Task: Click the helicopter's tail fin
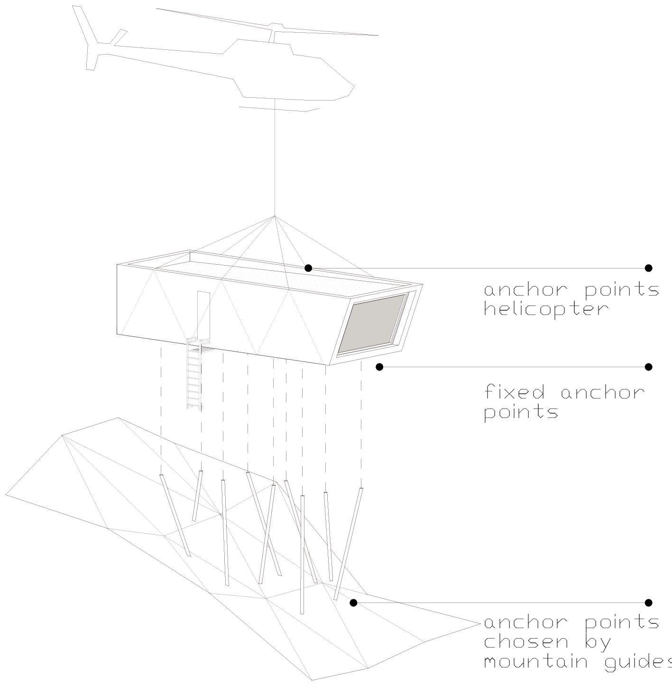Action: click(x=86, y=33)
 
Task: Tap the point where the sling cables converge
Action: click(x=274, y=216)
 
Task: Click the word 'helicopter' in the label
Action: click(x=546, y=309)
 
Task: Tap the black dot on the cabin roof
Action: click(x=308, y=268)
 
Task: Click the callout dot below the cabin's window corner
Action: click(x=379, y=367)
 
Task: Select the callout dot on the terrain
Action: click(x=353, y=603)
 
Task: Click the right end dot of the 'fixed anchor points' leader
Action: click(x=649, y=367)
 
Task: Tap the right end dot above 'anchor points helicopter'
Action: click(x=649, y=268)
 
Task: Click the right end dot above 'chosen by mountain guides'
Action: click(x=649, y=603)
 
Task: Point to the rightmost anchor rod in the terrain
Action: click(x=349, y=544)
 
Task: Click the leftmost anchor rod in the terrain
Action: click(x=175, y=515)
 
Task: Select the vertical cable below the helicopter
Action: click(x=275, y=157)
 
